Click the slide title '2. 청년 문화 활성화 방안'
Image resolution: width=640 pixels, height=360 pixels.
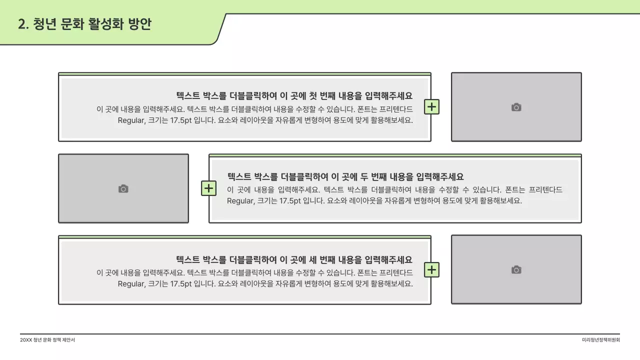tap(84, 24)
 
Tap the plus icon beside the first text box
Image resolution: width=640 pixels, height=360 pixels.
tap(431, 106)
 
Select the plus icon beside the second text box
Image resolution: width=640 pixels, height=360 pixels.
tap(208, 188)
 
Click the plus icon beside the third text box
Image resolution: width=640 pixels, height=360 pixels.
tap(431, 269)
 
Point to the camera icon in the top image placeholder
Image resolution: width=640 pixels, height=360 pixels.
tap(516, 107)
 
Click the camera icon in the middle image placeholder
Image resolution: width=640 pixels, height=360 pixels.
tap(123, 188)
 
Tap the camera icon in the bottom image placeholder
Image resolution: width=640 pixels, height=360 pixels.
tap(516, 269)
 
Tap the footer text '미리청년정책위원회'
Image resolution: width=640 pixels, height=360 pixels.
tap(601, 340)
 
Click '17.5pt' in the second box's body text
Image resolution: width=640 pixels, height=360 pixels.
tap(290, 201)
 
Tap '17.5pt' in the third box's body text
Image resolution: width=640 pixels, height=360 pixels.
tap(181, 283)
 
